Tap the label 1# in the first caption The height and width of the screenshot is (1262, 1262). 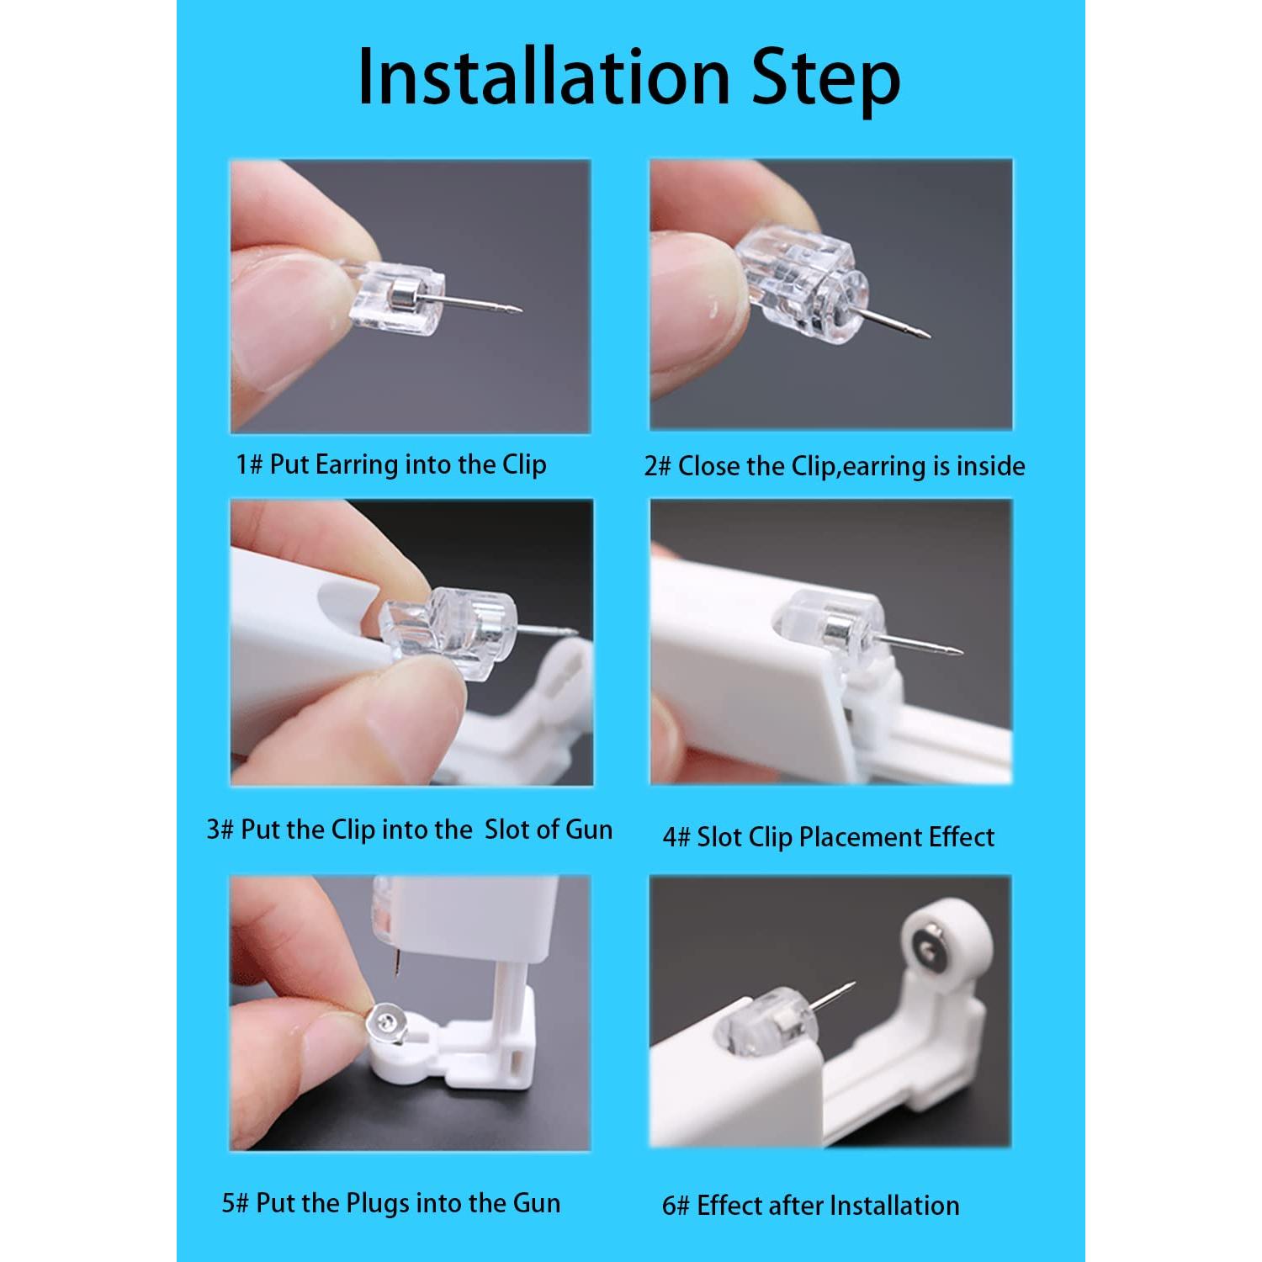pos(249,464)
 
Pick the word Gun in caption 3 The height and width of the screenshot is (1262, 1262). pos(589,830)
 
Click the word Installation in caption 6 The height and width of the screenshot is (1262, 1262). pos(893,1206)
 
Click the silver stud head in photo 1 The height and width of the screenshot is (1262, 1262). pos(402,297)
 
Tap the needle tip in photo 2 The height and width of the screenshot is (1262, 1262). pos(927,333)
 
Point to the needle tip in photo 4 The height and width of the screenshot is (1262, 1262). pos(960,652)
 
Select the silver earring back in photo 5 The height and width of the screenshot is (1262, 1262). pos(388,1022)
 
